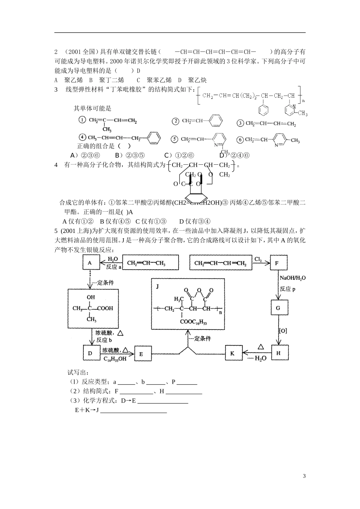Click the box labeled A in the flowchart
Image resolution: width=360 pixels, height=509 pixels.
click(90, 263)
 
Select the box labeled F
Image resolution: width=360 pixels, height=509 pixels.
click(277, 263)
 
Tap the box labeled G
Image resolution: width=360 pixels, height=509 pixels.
click(278, 308)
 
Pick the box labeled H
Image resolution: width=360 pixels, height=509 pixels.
click(278, 353)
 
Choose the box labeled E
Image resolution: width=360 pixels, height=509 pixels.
click(141, 354)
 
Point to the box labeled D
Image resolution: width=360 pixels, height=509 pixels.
click(91, 353)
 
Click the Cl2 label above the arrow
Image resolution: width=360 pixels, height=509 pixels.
click(258, 259)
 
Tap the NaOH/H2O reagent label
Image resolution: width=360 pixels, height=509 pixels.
click(293, 278)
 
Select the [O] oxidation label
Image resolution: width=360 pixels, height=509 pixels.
click(283, 331)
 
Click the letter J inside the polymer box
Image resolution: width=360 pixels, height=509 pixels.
click(157, 286)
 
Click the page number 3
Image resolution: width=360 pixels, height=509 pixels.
click(304, 476)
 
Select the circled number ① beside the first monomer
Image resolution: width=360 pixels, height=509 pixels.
click(82, 120)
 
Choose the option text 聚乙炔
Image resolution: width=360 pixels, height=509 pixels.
click(197, 80)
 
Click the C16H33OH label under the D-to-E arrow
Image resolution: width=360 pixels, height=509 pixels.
click(115, 359)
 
